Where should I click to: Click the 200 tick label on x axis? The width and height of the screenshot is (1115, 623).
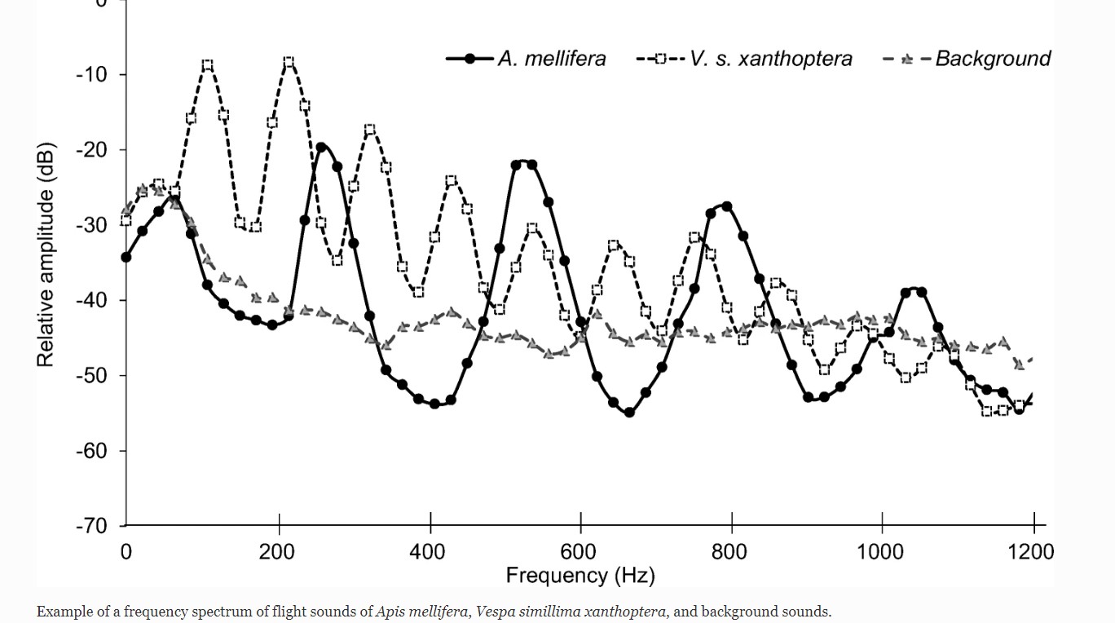(x=277, y=552)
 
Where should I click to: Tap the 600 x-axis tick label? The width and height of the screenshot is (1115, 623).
(x=580, y=552)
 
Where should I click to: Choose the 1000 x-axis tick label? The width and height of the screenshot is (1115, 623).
(x=880, y=552)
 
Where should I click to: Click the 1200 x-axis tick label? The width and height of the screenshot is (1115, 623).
(x=1031, y=552)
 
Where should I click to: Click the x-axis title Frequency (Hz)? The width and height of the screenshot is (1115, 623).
(x=580, y=576)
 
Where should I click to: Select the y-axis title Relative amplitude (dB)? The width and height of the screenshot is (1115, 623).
(x=46, y=255)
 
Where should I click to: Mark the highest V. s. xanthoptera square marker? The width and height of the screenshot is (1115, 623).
(x=289, y=63)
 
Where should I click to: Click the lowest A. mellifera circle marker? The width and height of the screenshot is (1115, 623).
(x=629, y=413)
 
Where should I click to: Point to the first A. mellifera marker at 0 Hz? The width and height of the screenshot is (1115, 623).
(x=126, y=257)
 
